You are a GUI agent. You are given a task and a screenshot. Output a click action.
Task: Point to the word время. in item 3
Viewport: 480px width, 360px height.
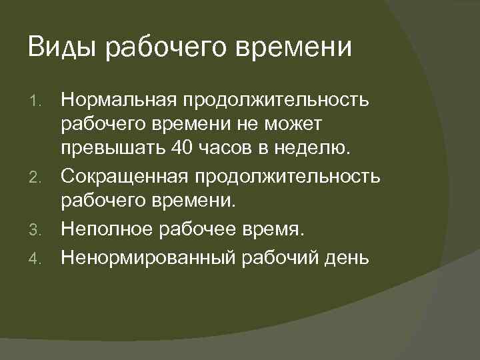(273, 230)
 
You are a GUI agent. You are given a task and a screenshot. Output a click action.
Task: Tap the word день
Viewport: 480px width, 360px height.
(345, 257)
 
